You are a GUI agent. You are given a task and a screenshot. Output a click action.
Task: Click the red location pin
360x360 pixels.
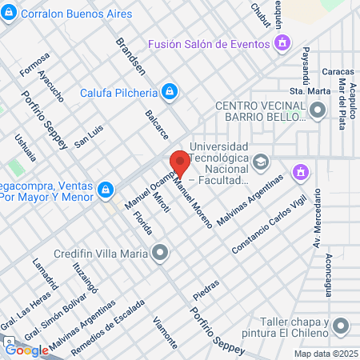180,162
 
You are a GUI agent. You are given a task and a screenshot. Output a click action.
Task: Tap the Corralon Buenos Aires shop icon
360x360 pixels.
9,14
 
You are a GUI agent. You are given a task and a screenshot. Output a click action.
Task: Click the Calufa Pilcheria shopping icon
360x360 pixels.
168,93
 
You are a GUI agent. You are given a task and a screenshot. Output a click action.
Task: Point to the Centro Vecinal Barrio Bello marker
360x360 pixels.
318,111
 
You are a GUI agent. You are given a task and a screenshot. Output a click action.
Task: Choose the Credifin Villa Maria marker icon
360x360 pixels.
161,254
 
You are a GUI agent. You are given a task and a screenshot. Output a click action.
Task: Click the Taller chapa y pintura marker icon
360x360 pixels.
342,326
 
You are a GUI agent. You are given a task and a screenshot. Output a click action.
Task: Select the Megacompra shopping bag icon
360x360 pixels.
105,190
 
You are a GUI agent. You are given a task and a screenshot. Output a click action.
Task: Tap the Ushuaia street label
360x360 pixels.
24,148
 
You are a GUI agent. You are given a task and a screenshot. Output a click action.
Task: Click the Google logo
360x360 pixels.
26,350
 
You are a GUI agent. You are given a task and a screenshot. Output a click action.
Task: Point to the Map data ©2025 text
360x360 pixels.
324,354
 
